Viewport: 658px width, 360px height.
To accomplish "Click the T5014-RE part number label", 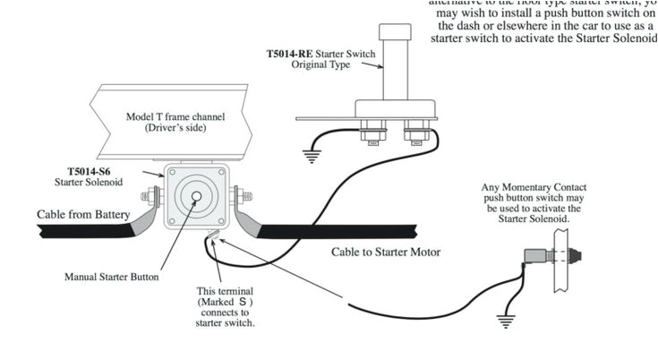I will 286,55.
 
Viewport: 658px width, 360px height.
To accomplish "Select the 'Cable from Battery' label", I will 83,215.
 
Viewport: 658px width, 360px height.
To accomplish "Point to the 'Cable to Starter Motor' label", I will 386,253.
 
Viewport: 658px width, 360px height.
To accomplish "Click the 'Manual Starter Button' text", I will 112,277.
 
